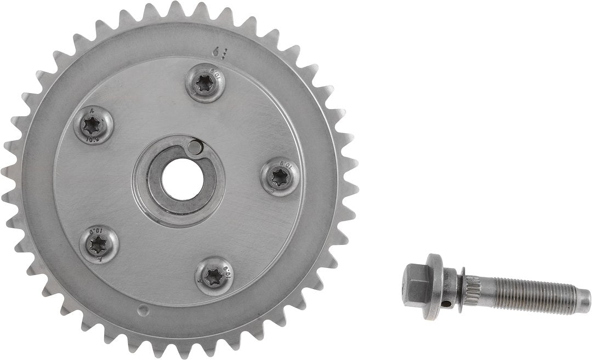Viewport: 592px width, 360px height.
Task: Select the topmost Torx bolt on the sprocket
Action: [x=206, y=83]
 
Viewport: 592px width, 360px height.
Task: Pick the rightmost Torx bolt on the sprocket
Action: [x=280, y=176]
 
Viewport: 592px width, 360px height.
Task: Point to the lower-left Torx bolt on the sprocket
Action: [x=99, y=243]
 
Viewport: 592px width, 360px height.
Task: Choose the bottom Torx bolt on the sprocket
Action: [x=213, y=275]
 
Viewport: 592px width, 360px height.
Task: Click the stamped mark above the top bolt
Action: [x=219, y=52]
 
